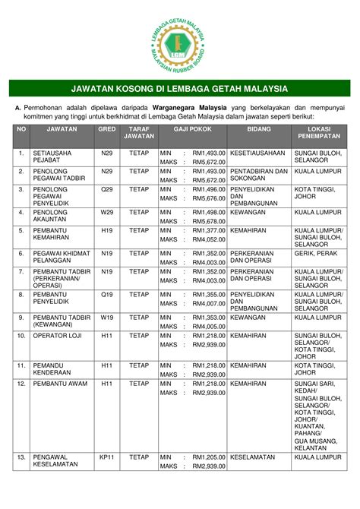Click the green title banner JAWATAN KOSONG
180,88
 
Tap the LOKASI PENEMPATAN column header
317,134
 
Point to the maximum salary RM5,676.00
209,198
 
